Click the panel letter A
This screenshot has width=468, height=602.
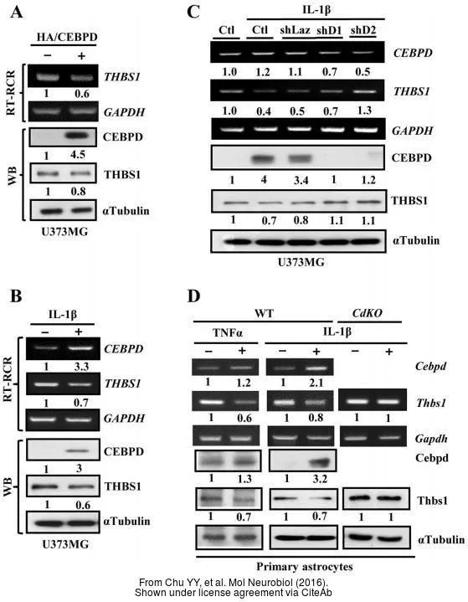(x=16, y=13)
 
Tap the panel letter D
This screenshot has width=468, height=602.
(x=193, y=296)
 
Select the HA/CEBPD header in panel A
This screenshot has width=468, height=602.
(x=67, y=37)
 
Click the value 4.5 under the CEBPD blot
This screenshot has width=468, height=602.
(x=78, y=154)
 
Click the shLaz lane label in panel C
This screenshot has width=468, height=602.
(x=295, y=29)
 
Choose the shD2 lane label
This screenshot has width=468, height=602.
(x=363, y=29)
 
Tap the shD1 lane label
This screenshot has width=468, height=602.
(x=329, y=30)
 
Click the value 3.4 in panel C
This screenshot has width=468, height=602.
(x=301, y=180)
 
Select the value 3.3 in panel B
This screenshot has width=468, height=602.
(x=81, y=366)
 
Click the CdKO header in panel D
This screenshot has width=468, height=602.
(x=367, y=313)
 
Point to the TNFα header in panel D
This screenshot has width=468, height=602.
(x=228, y=332)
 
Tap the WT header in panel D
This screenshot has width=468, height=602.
(x=264, y=314)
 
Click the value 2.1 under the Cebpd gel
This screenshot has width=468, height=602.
(x=316, y=383)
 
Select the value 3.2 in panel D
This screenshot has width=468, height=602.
(x=319, y=478)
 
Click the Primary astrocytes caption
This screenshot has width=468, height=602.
(x=305, y=566)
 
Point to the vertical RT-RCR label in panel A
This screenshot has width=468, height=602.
(x=11, y=93)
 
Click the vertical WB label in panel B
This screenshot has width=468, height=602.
(x=8, y=487)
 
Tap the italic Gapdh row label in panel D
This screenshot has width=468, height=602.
(x=431, y=438)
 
